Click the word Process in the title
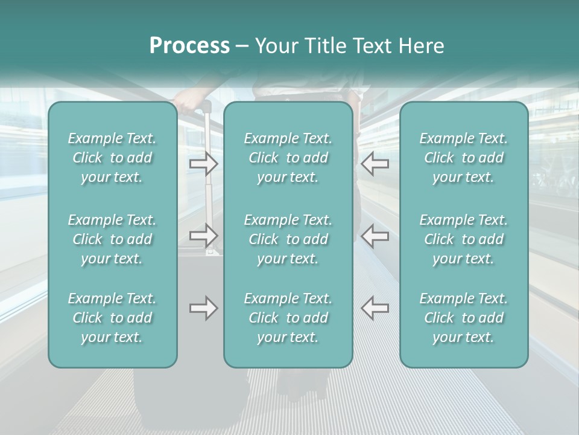click(x=189, y=45)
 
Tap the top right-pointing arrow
click(x=203, y=163)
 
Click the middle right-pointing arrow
click(x=203, y=234)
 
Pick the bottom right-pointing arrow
click(x=203, y=308)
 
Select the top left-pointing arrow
click(x=375, y=163)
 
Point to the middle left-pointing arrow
click(x=375, y=234)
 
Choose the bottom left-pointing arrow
click(x=375, y=308)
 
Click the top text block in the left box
click(x=112, y=158)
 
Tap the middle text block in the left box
click(x=112, y=239)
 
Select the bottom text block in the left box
click(x=112, y=318)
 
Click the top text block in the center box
click(x=288, y=158)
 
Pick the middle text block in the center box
click(x=288, y=239)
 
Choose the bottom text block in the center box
click(x=288, y=318)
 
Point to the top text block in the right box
click(x=463, y=158)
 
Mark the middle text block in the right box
click(x=463, y=239)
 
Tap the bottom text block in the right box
click(x=463, y=318)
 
